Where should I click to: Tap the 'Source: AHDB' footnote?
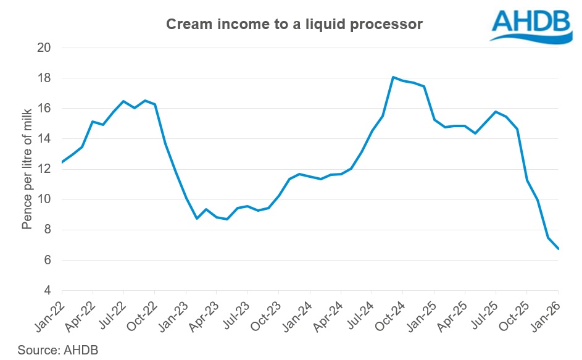(54, 350)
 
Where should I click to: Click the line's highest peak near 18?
(393, 77)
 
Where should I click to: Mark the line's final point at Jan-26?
(558, 249)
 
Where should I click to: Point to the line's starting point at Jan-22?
(62, 162)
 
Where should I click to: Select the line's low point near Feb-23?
(196, 219)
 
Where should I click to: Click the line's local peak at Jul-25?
(496, 112)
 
